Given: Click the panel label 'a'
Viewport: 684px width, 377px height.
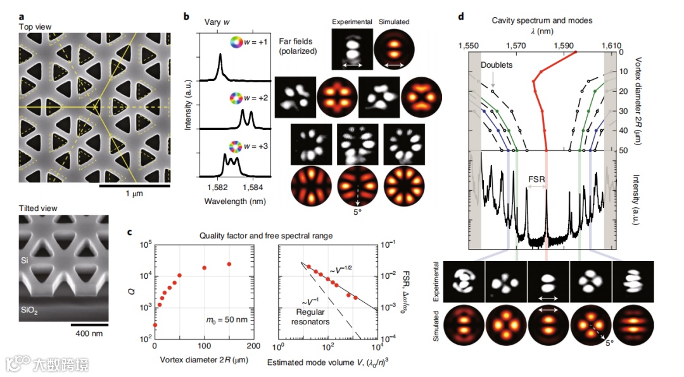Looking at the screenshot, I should [23, 15].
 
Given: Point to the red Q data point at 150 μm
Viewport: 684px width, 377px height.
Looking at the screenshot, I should [229, 264].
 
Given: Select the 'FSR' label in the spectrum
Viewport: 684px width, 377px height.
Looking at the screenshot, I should [536, 179].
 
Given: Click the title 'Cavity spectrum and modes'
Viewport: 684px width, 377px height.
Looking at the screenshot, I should [541, 20].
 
